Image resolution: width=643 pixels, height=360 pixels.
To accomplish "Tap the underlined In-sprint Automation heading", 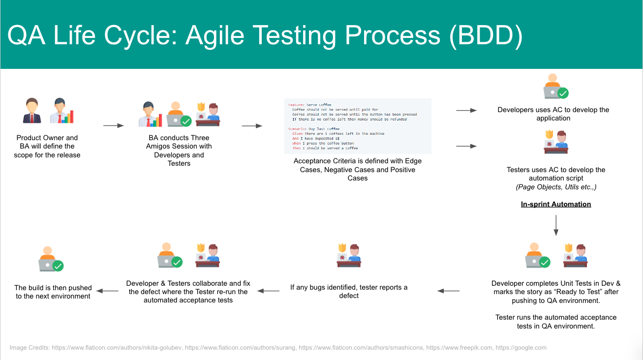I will coord(556,204).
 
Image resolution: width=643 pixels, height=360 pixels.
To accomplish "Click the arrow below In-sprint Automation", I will coord(556,225).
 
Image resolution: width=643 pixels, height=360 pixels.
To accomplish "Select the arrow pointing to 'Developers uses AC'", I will coord(466,111).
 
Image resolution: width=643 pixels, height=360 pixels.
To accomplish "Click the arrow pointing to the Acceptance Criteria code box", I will coord(252,126).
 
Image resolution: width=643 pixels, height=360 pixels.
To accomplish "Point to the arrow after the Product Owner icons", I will coord(113,126).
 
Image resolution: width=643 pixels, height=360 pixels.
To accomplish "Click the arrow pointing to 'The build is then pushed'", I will coord(107,291).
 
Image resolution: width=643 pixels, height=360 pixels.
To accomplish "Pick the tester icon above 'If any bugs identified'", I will coord(349,255).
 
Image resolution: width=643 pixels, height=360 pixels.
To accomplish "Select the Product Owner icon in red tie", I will coord(32,111).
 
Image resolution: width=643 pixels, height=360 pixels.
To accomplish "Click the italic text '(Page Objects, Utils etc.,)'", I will coord(556,187).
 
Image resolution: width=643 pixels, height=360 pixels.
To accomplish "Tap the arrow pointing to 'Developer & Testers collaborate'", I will coord(268,291).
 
